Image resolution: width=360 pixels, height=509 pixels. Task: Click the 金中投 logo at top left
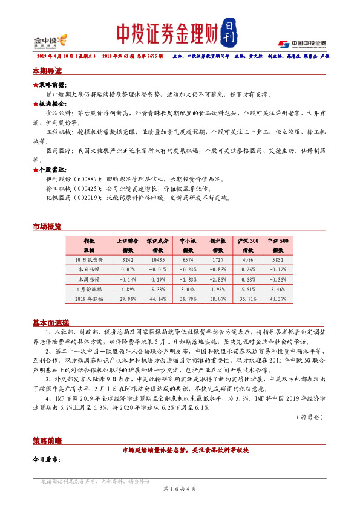pyautogui.click(x=50, y=41)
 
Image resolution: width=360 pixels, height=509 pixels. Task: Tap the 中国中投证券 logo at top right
pyautogui.click(x=302, y=44)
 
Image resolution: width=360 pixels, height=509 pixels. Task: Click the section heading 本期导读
pyautogui.click(x=47, y=71)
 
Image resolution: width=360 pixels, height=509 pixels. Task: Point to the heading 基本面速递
pyautogui.click(x=50, y=322)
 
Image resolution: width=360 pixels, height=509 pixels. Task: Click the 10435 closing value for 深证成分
pyautogui.click(x=157, y=259)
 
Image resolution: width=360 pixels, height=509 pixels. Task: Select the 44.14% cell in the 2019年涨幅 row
pyautogui.click(x=157, y=298)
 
